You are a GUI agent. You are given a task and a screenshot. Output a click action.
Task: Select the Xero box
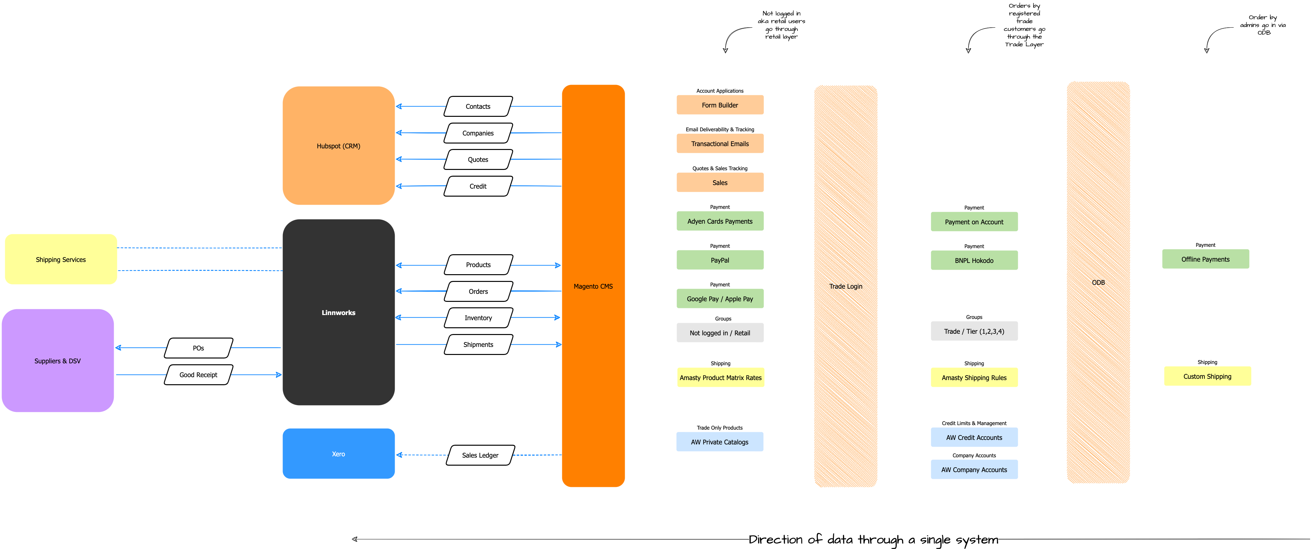[338, 454]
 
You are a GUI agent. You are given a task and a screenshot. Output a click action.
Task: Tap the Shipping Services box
[61, 259]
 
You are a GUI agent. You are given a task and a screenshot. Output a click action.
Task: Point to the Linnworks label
[338, 312]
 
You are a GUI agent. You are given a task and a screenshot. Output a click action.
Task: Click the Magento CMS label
[593, 286]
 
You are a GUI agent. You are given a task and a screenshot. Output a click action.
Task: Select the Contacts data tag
[478, 106]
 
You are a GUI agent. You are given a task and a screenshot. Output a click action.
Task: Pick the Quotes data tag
[478, 159]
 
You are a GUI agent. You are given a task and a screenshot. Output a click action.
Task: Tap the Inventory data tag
[478, 318]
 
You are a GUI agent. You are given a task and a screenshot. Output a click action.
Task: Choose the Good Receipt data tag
[198, 375]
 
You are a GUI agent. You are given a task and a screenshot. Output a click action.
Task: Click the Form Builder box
[720, 105]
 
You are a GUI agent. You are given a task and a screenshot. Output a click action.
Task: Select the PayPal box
[720, 260]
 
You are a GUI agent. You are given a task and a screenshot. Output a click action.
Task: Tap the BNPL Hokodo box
[974, 261]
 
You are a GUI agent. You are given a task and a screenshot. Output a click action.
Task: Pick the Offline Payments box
[1205, 259]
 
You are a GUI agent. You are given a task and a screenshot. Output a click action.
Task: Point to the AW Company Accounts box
[974, 470]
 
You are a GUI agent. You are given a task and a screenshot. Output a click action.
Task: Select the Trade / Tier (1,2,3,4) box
[974, 331]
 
